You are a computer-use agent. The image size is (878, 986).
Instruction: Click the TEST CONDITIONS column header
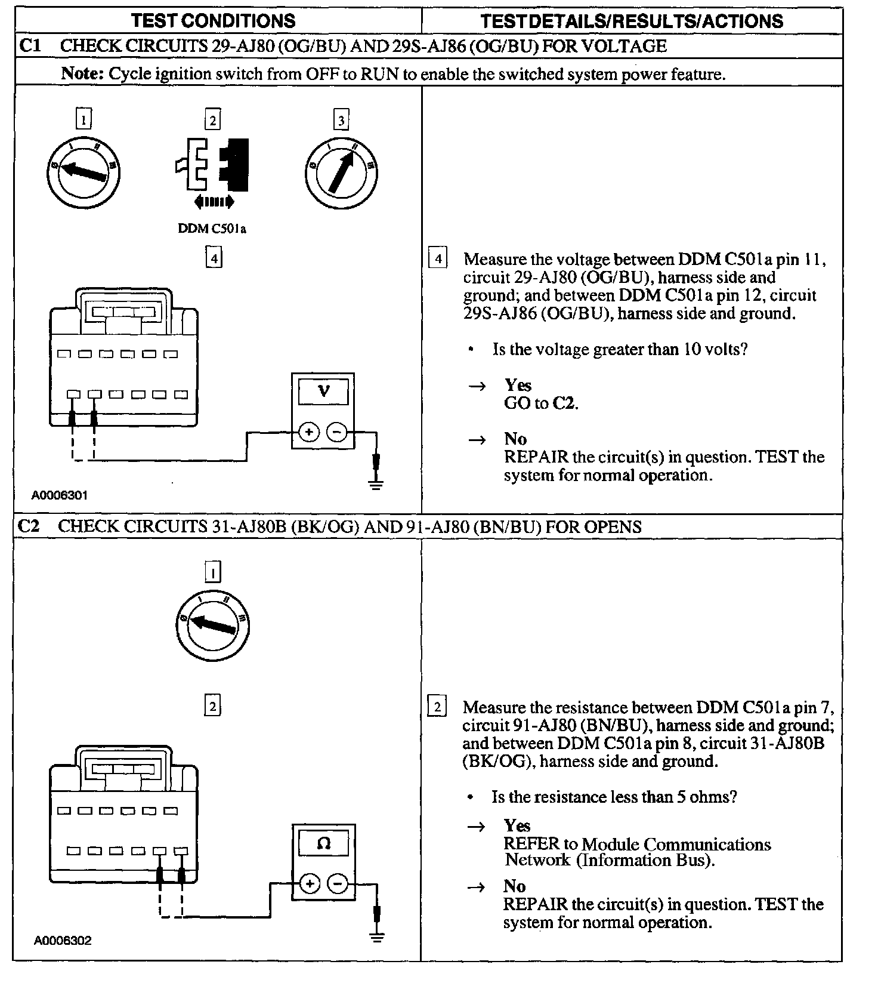pyautogui.click(x=213, y=21)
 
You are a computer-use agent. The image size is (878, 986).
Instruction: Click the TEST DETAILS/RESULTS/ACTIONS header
pyautogui.click(x=631, y=21)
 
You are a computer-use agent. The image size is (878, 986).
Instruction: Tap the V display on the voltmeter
pyautogui.click(x=323, y=392)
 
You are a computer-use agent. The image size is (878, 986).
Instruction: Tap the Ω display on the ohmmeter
pyautogui.click(x=323, y=843)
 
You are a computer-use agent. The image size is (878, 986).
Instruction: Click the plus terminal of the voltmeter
pyautogui.click(x=308, y=432)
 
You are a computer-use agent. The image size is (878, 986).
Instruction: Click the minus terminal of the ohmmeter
pyautogui.click(x=338, y=883)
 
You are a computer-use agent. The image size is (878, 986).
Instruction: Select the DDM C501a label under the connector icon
pyautogui.click(x=212, y=229)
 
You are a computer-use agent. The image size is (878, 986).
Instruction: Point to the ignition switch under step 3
pyautogui.click(x=341, y=173)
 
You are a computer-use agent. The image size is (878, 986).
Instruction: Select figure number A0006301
pyautogui.click(x=60, y=495)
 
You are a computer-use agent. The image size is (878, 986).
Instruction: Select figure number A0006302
pyautogui.click(x=62, y=941)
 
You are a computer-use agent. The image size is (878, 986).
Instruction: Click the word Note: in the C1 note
pyautogui.click(x=83, y=74)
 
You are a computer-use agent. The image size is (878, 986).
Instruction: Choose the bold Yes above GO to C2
pyautogui.click(x=518, y=385)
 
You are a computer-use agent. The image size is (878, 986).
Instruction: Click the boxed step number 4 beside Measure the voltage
pyautogui.click(x=438, y=259)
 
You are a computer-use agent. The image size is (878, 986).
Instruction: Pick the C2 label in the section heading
pyautogui.click(x=29, y=526)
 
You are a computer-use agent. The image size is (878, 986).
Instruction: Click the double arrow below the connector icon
pyautogui.click(x=214, y=202)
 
